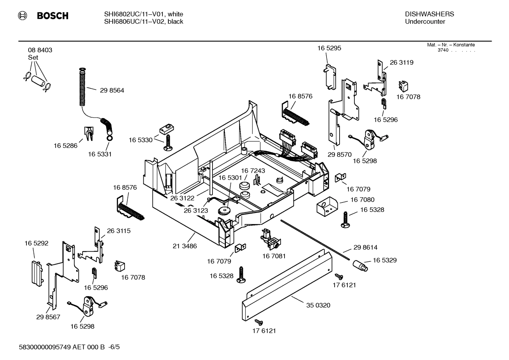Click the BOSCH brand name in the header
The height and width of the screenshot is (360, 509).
coord(52,16)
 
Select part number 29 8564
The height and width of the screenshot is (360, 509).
coord(112,90)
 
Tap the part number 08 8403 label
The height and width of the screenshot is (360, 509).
coord(40,50)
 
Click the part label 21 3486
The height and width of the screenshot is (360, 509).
coord(185,246)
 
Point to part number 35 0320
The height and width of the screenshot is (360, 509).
coord(318,305)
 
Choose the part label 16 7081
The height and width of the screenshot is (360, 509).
coord(274,256)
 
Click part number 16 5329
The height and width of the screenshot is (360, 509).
coord(384,260)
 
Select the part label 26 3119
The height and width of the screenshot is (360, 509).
coord(401,63)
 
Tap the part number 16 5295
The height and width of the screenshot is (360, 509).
coord(329,48)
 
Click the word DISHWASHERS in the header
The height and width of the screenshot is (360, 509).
coord(429,14)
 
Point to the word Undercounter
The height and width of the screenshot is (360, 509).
coord(425,22)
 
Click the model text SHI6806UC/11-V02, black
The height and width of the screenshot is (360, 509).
coord(143,22)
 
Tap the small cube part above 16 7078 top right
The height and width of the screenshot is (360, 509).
coord(402,85)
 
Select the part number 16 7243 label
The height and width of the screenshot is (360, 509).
coord(253,171)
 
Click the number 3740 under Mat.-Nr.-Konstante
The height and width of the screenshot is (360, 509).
coord(443,50)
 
